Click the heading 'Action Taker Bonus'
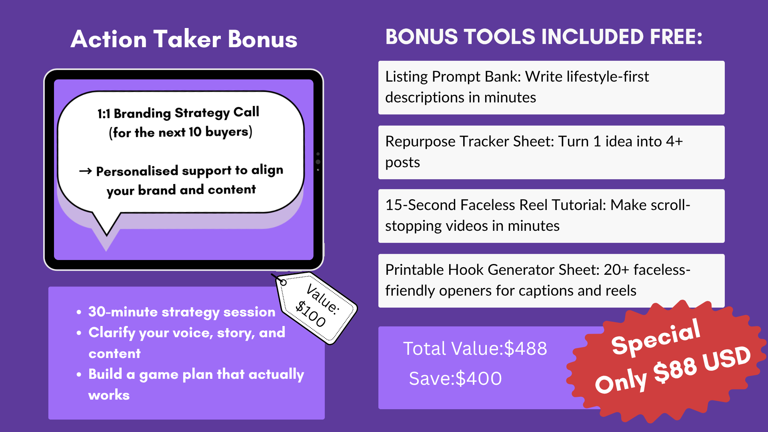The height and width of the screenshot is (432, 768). [184, 39]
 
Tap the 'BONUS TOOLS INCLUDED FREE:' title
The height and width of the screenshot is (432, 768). [544, 37]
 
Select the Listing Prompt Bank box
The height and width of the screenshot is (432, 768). [551, 88]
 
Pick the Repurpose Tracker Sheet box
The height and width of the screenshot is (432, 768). [551, 152]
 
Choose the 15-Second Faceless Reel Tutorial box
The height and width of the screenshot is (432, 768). [551, 216]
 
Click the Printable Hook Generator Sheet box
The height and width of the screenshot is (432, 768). [551, 281]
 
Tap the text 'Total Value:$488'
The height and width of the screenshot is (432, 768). [475, 348]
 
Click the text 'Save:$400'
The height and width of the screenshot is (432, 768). [455, 378]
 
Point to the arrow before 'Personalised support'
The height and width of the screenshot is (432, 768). [85, 171]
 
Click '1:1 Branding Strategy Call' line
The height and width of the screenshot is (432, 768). [178, 113]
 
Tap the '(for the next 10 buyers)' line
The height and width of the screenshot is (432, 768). [181, 132]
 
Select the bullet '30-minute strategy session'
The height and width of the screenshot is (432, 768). [182, 312]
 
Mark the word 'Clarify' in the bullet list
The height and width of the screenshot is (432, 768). [112, 333]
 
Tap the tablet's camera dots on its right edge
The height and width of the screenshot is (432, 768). [318, 162]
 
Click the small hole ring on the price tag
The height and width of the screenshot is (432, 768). [283, 282]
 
